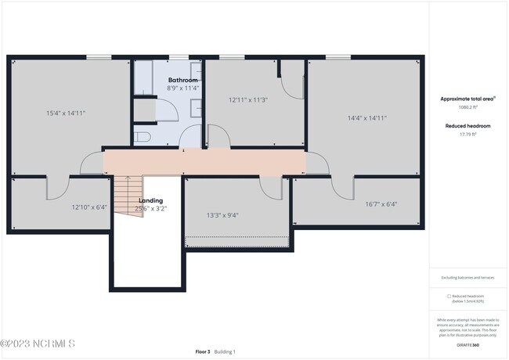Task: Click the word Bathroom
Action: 183,80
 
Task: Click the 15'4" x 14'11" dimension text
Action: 66,113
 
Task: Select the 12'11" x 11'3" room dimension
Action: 248,99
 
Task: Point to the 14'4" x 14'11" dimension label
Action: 367,118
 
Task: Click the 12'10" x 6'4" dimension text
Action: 88,207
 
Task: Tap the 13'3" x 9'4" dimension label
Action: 222,215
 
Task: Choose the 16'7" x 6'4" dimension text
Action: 381,204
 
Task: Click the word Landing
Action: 150,200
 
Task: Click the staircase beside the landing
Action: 128,196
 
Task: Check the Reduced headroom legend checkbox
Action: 449,297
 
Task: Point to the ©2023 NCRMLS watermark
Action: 38,344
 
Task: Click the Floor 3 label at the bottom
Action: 203,352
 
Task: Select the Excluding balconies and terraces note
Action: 467,277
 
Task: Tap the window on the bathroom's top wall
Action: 179,56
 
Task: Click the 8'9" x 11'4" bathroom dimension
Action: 183,88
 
